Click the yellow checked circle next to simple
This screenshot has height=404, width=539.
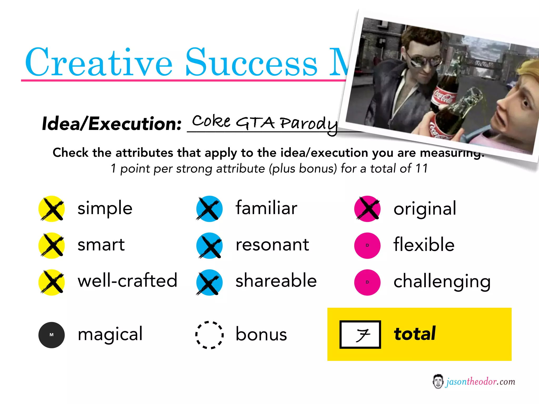pos(52,209)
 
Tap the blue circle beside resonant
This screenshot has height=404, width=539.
pos(209,246)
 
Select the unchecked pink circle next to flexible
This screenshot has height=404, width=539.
pos(367,246)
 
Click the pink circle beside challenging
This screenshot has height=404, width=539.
pos(367,282)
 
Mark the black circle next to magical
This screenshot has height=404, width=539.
pos(52,335)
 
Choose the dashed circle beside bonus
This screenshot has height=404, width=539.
pos(209,335)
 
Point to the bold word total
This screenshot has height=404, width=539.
pos(415,334)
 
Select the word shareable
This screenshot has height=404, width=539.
pos(276,281)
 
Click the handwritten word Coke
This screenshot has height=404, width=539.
pos(211,122)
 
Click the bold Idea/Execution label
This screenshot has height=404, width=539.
pos(112,124)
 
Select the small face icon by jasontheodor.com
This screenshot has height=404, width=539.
pos(438,381)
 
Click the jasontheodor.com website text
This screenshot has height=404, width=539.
pos(480,381)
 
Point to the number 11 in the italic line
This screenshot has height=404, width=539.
pos(421,168)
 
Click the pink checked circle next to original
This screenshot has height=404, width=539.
pos(367,209)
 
